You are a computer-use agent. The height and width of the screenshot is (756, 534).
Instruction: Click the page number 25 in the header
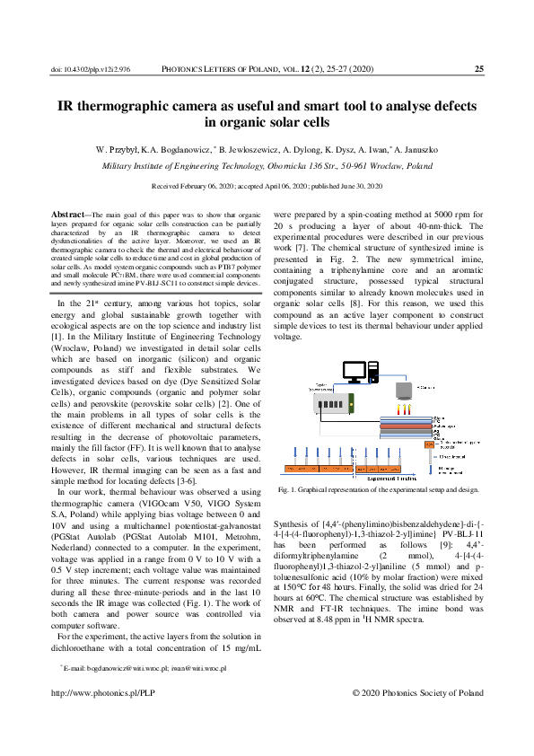coord(479,68)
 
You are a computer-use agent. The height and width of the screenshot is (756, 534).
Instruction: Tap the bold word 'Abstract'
coord(67,215)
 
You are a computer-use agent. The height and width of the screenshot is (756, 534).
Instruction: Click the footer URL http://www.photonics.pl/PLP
coord(103,692)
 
